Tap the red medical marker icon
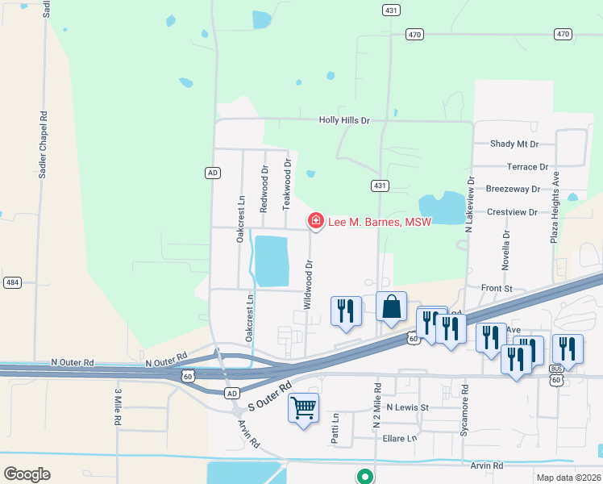coord(316,220)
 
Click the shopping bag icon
coord(391,307)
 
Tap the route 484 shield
coord(12,282)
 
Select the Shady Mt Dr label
coord(514,144)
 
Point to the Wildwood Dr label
coord(307,285)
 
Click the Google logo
coord(27,474)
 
